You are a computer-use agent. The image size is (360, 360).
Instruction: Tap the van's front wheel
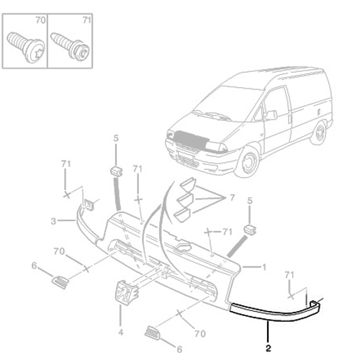click(x=248, y=161)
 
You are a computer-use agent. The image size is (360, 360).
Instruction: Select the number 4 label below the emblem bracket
click(x=121, y=332)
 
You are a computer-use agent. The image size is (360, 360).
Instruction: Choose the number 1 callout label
click(x=265, y=266)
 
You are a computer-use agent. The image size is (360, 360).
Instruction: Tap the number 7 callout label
click(x=232, y=197)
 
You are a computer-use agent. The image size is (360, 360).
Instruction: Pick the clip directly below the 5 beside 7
click(x=250, y=229)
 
